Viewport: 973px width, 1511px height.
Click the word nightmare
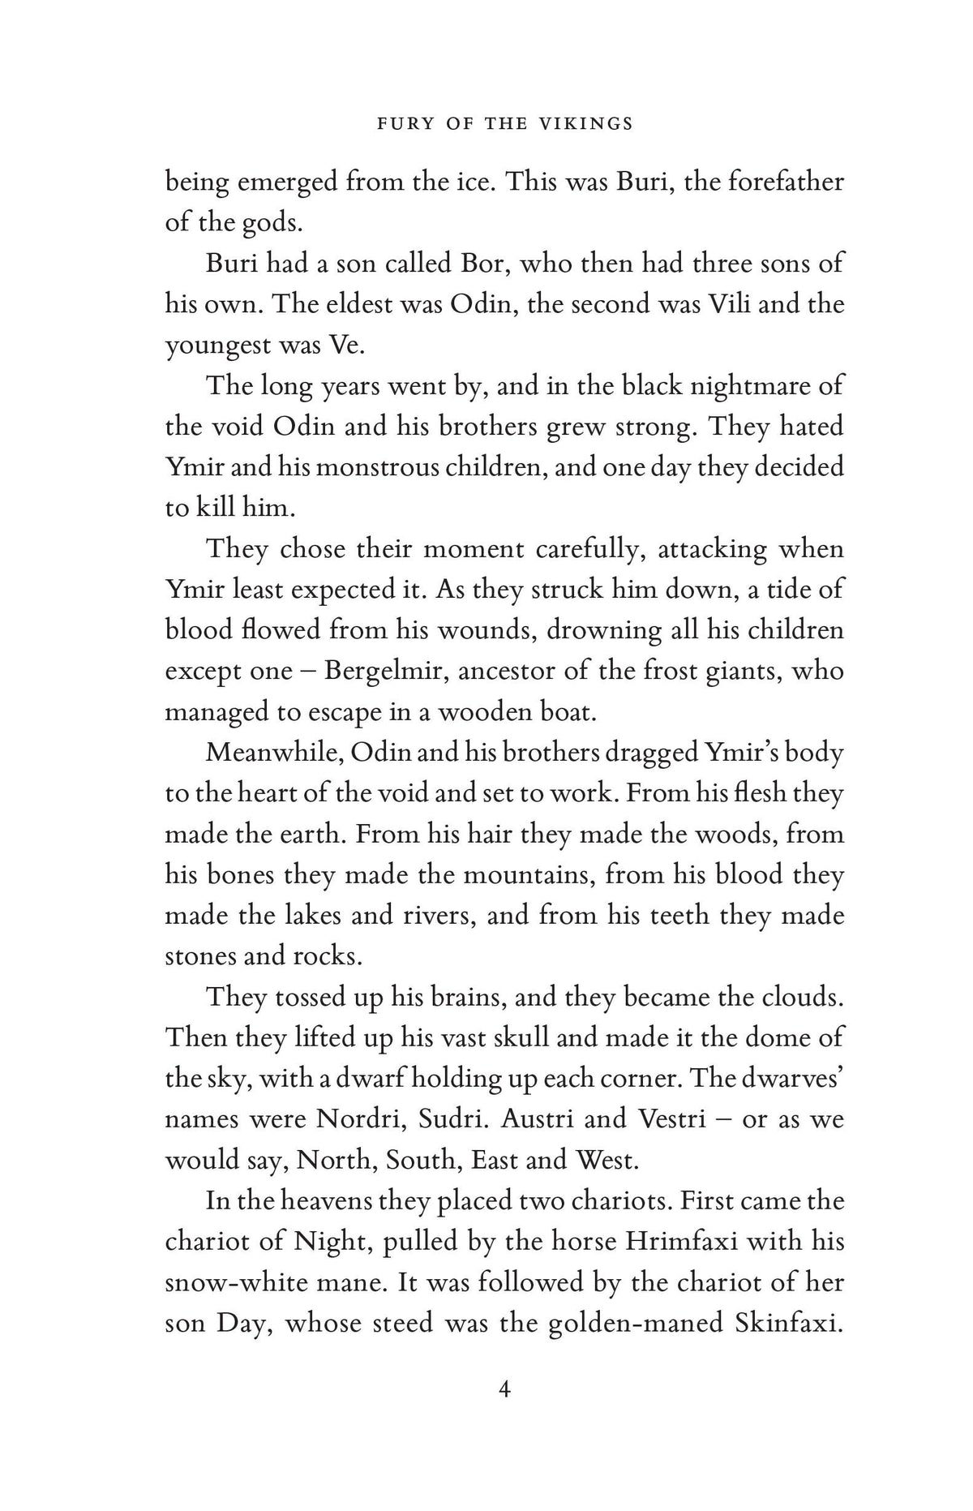728,386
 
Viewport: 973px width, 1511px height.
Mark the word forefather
785,182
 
